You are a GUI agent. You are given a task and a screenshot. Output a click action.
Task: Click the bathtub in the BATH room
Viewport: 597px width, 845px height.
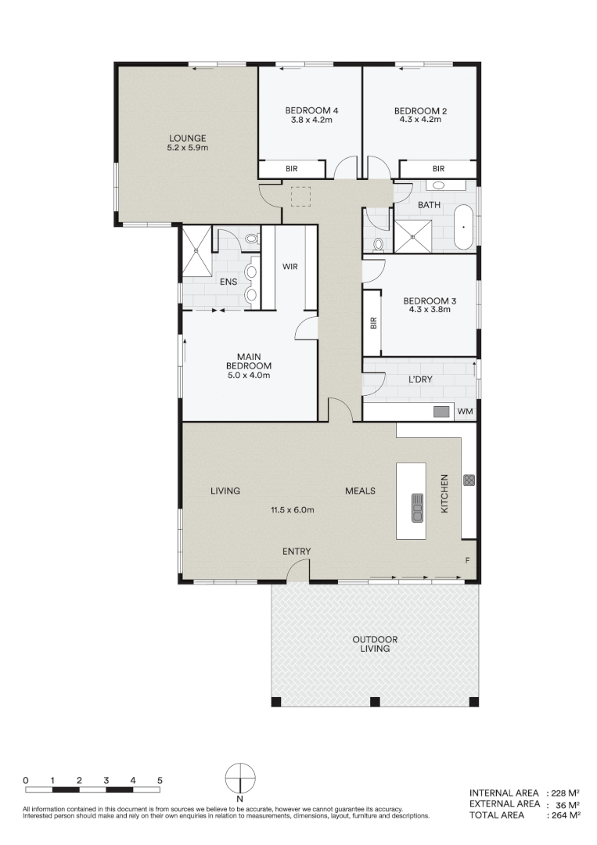click(x=464, y=227)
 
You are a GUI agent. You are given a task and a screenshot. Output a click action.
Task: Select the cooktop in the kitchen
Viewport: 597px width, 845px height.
click(x=469, y=480)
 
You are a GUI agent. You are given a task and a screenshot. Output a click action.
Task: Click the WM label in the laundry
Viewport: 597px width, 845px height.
click(x=465, y=412)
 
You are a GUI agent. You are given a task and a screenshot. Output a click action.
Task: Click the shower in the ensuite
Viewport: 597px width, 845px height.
click(x=196, y=250)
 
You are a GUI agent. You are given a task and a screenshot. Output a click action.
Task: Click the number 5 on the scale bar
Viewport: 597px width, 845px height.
click(x=160, y=780)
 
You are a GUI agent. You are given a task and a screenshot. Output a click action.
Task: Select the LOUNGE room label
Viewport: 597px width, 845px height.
click(x=186, y=138)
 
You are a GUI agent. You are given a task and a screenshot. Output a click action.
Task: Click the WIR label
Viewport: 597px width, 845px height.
click(x=290, y=266)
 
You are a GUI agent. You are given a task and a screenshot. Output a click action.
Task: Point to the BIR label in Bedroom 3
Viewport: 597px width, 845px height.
click(x=373, y=322)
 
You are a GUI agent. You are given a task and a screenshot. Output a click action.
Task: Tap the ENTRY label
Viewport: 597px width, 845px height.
click(x=297, y=552)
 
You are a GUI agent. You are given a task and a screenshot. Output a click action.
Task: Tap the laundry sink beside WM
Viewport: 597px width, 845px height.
click(x=442, y=412)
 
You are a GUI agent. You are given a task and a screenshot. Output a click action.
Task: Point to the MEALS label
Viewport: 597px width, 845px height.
click(x=361, y=491)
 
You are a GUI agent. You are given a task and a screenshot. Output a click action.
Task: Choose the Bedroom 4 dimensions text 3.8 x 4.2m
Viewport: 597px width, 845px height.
click(x=311, y=120)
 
